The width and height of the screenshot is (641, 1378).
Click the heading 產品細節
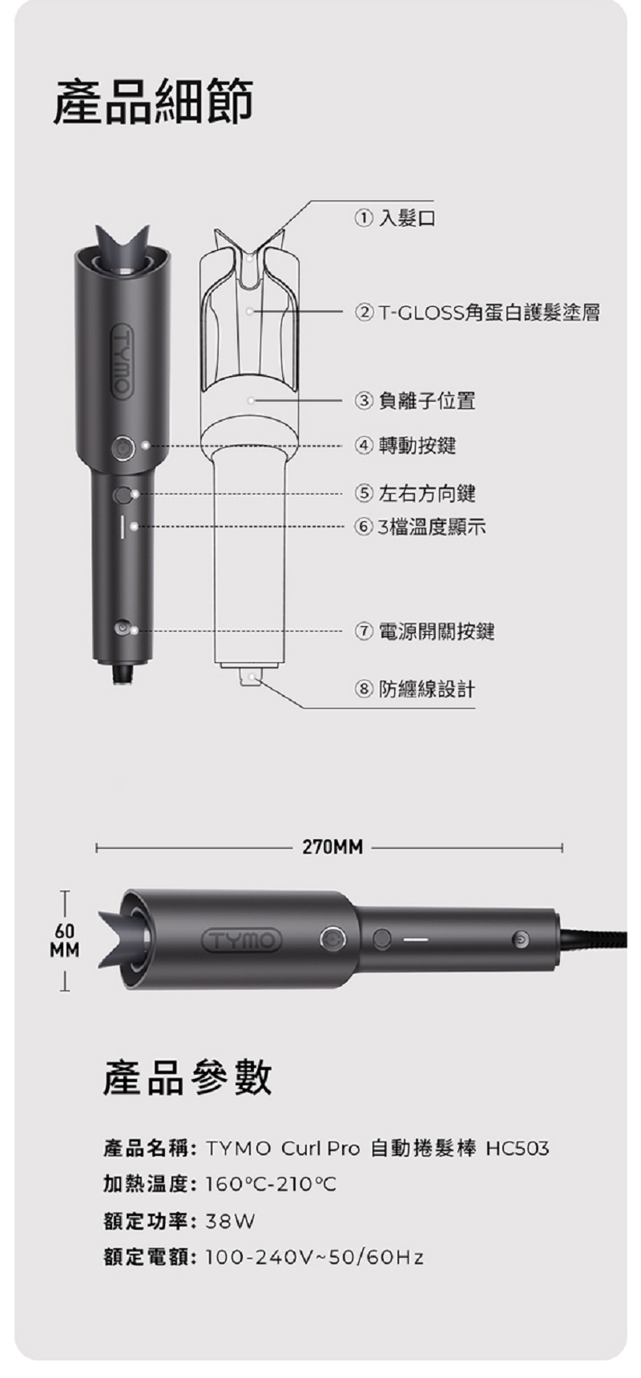[153, 103]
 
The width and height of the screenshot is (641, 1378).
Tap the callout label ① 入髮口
[396, 217]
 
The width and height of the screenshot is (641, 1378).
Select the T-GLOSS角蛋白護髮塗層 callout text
[488, 312]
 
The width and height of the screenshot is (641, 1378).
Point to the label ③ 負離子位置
[415, 400]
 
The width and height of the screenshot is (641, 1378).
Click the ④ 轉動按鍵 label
[405, 445]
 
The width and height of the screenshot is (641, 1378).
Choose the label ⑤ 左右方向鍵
[415, 493]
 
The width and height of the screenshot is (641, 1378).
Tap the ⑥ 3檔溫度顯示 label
[421, 527]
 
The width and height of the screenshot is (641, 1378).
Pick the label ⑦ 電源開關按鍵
[425, 632]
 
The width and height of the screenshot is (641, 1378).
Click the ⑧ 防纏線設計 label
[415, 689]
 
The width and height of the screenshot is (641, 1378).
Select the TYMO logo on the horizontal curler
[242, 940]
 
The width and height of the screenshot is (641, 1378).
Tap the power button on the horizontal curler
[521, 939]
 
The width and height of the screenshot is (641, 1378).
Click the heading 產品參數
[187, 1077]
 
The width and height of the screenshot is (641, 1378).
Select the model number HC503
[518, 1149]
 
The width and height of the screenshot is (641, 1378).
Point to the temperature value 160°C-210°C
[271, 1185]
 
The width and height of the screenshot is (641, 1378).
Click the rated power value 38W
[230, 1222]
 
